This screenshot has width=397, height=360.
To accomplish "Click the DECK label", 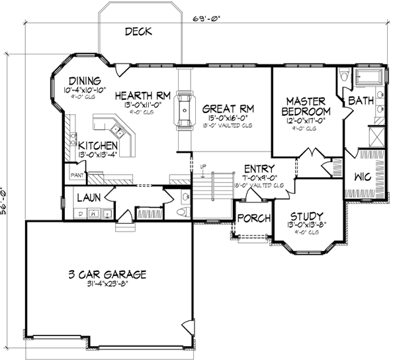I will [x=138, y=31].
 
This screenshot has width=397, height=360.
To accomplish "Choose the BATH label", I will [x=361, y=101].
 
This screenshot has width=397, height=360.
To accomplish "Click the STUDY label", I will [x=307, y=216].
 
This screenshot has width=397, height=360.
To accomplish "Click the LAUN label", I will [x=88, y=197].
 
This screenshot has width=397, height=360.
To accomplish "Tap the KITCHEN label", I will [x=99, y=145].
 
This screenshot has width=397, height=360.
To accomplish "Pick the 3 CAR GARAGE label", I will [x=107, y=275].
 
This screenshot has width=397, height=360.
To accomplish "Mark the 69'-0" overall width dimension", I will [x=207, y=19].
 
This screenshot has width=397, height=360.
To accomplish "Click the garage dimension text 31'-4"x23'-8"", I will [x=107, y=285].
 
